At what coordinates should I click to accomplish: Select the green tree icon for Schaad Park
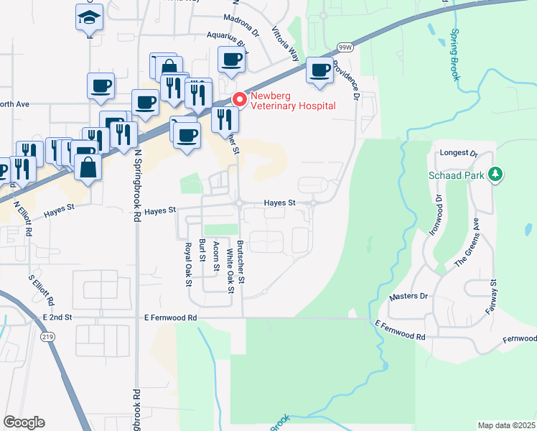pos(495,174)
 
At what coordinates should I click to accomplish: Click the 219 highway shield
pos(48,335)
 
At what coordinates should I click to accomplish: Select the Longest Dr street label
pos(462,153)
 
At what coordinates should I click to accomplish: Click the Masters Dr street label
pos(408,296)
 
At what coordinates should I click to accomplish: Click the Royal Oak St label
pos(189,263)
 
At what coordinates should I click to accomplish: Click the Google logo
pos(24,422)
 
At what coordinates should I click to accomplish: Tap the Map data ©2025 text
pos(506,425)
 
